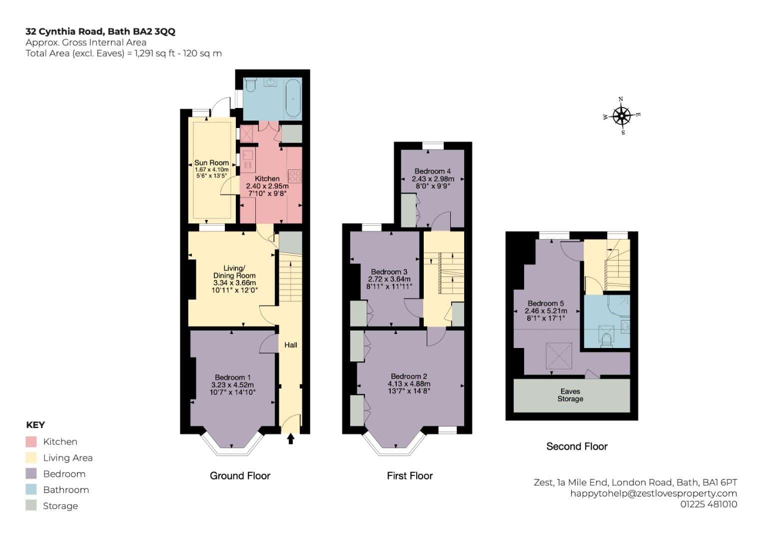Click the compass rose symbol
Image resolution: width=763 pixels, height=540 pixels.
(621, 116)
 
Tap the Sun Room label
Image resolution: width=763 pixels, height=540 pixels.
(211, 162)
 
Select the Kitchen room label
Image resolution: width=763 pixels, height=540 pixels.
(267, 178)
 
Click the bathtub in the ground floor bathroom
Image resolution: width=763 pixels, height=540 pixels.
(293, 98)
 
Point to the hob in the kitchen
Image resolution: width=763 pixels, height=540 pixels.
(295, 176)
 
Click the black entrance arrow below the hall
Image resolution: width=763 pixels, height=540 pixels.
(290, 439)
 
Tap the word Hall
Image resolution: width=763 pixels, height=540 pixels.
(290, 345)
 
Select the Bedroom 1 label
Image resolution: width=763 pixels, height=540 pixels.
(233, 377)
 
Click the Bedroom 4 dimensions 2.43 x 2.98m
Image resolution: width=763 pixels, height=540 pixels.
(433, 178)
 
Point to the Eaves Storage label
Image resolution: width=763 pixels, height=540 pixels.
(570, 395)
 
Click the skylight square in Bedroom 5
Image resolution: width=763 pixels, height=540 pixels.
(559, 355)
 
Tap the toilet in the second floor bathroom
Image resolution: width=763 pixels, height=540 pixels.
(606, 339)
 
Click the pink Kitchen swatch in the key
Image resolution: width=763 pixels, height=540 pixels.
(31, 441)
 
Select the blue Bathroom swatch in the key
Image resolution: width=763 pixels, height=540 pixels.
(31, 489)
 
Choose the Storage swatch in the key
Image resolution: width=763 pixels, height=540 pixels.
(31, 505)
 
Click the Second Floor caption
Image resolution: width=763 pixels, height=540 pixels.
(577, 446)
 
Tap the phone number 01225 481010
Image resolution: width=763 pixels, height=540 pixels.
(709, 504)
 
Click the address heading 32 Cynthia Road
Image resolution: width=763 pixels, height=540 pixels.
(65, 31)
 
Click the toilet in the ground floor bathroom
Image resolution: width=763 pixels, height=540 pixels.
(250, 85)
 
